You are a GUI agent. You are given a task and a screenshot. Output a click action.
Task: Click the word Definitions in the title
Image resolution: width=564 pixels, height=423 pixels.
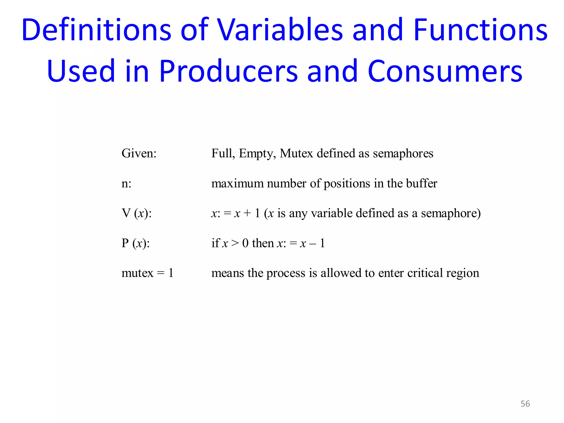pos(96,30)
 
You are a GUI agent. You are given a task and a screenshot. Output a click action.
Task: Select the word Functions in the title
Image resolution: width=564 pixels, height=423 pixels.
pos(481,30)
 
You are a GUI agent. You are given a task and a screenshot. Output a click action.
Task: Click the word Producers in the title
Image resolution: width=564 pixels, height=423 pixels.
pos(229,71)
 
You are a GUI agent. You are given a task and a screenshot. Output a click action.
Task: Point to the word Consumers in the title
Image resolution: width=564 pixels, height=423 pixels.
pos(445,71)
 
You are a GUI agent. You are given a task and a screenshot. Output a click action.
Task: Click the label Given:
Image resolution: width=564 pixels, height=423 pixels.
pos(139,153)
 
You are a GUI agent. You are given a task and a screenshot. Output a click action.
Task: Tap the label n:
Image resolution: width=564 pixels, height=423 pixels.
pos(126,184)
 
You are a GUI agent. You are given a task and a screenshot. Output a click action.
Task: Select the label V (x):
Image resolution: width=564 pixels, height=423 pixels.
pos(137,213)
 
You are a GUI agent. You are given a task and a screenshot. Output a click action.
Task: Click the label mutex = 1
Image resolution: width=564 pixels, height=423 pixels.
pos(147,273)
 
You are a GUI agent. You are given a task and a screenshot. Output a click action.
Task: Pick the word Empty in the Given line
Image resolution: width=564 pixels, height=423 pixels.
pos(257,154)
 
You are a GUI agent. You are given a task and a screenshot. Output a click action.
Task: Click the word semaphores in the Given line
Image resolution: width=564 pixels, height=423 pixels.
pos(403,154)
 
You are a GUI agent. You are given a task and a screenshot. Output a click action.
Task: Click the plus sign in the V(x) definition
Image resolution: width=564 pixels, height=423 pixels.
pos(247,213)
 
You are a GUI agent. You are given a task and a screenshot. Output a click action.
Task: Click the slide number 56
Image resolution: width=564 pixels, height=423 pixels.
pos(525,404)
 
